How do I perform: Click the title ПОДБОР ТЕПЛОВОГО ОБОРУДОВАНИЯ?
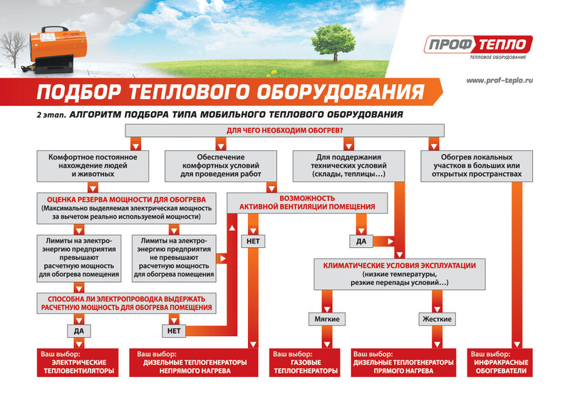(228, 93)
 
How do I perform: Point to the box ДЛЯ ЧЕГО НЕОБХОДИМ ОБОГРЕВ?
(285, 130)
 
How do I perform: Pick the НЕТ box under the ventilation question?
(253, 241)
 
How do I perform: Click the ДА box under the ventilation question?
(361, 241)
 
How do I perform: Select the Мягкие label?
(323, 318)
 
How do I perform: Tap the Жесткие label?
(436, 318)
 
